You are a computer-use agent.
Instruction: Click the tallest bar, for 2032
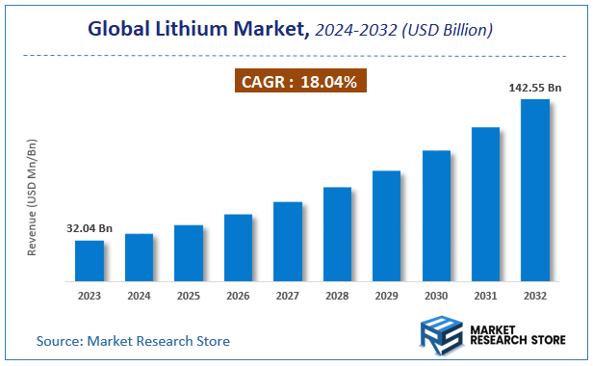[535, 190]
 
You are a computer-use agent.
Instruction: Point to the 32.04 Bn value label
[90, 229]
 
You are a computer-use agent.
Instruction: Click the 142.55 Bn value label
[534, 88]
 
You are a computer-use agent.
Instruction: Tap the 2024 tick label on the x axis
[139, 296]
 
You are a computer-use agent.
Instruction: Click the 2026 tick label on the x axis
[238, 296]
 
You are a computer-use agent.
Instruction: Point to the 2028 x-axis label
[337, 296]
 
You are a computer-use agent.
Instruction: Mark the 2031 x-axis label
[485, 296]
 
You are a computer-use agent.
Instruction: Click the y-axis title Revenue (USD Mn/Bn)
[32, 196]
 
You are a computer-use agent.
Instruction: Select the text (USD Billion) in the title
[448, 30]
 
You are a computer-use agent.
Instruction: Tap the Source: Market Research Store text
[133, 341]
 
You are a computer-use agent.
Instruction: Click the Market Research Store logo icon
[442, 335]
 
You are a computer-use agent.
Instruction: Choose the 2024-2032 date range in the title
[359, 30]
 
